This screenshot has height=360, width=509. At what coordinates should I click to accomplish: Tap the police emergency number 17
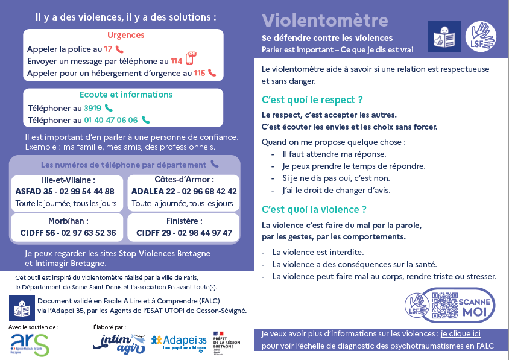coord(108,49)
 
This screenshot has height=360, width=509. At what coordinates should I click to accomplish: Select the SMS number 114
coord(176,61)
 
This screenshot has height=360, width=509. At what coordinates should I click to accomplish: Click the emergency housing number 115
coord(199,73)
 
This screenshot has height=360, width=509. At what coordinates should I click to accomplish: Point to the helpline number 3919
coord(92,108)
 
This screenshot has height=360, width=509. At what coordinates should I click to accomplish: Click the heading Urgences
coord(125,35)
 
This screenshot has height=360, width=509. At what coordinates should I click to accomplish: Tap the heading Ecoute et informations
coord(126,95)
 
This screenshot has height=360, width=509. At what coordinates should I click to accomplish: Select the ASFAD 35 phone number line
coord(65,191)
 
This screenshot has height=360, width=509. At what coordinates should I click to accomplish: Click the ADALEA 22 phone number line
coord(184,191)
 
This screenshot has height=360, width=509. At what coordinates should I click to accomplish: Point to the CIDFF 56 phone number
coord(67,233)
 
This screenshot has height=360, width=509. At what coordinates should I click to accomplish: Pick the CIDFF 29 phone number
coord(184,233)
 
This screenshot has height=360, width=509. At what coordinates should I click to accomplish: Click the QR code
coord(445,305)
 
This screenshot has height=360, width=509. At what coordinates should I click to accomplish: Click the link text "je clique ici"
coord(460,333)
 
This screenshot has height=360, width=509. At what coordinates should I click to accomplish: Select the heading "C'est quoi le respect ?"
coord(312,99)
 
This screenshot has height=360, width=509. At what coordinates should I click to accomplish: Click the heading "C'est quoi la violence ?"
coord(314,209)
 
